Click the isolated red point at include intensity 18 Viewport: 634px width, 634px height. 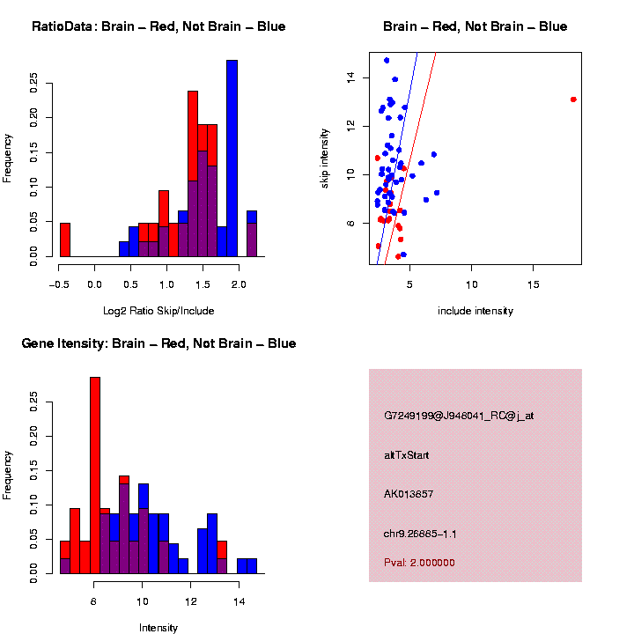[573, 100]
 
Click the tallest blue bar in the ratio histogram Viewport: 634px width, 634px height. [232, 158]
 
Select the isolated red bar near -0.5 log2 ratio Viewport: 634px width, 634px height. [64, 240]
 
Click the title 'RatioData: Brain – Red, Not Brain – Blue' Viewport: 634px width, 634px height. [158, 26]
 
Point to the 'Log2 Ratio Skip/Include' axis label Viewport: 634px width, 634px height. [158, 310]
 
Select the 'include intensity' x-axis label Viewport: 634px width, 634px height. [475, 310]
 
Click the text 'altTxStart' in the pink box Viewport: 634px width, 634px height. [407, 455]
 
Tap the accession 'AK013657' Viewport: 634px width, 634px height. [409, 494]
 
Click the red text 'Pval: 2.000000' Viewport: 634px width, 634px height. [419, 562]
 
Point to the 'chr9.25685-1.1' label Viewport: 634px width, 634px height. [420, 534]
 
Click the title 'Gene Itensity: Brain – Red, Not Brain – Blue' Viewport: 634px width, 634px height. [158, 343]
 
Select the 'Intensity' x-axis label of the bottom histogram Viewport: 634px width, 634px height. [158, 628]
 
